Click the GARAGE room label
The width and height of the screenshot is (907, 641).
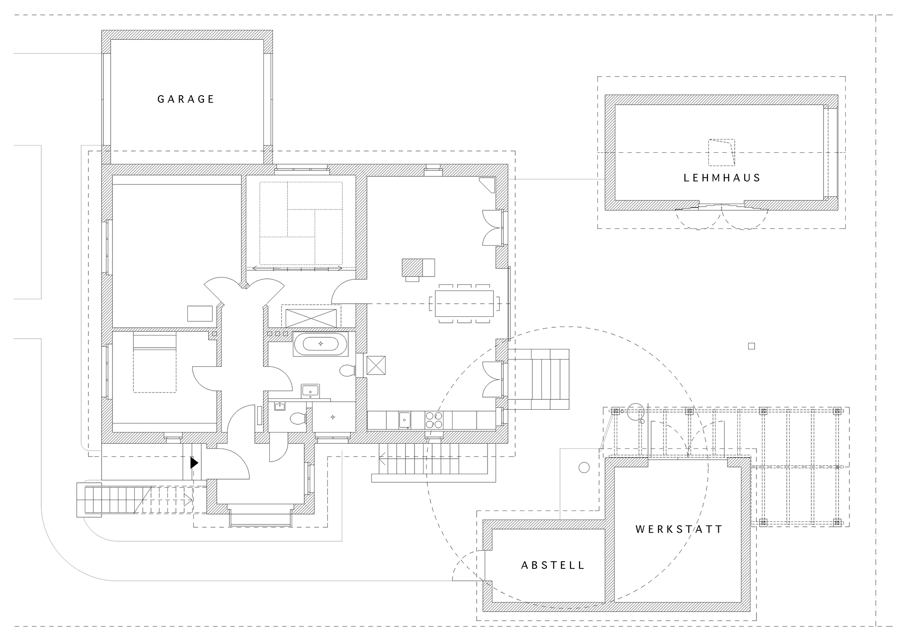pyautogui.click(x=185, y=99)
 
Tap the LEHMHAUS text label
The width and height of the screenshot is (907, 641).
pyautogui.click(x=722, y=178)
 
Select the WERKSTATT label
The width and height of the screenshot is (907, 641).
pyautogui.click(x=679, y=529)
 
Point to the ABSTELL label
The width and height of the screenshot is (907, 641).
pyautogui.click(x=553, y=565)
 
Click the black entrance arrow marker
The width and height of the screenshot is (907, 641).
pyautogui.click(x=194, y=463)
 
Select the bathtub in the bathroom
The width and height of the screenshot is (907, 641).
pyautogui.click(x=321, y=344)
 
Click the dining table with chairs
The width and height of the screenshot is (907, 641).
pyautogui.click(x=464, y=303)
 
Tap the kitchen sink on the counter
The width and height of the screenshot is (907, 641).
pyautogui.click(x=405, y=420)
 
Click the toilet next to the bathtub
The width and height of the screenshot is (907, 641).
pyautogui.click(x=347, y=371)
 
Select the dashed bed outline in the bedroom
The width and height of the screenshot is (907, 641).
pyautogui.click(x=155, y=363)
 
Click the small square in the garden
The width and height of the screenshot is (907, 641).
pyautogui.click(x=751, y=346)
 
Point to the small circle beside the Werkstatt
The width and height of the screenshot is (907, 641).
pyautogui.click(x=584, y=467)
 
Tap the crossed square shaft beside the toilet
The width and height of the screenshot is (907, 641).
pyautogui.click(x=376, y=365)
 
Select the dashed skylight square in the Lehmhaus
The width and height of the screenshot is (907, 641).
pyautogui.click(x=722, y=152)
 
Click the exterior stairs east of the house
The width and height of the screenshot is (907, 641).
pyautogui.click(x=539, y=379)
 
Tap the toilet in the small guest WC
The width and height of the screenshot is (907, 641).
pyautogui.click(x=298, y=418)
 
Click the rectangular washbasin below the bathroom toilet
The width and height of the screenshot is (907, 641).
pyautogui.click(x=311, y=391)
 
